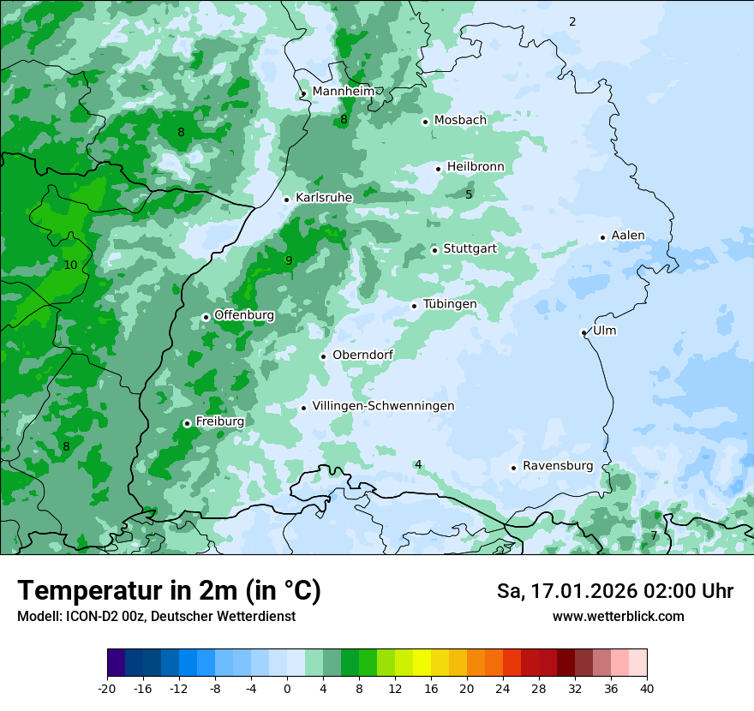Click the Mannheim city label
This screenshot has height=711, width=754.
tap(343, 92)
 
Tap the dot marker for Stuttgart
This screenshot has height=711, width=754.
tap(435, 250)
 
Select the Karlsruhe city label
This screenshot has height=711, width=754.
tap(324, 198)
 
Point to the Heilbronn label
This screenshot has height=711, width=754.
tap(476, 167)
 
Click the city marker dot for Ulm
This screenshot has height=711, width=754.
tap(584, 332)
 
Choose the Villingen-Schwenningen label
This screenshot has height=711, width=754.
tap(383, 406)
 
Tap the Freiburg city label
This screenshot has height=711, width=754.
tap(219, 421)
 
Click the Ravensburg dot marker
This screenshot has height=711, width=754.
tap(514, 468)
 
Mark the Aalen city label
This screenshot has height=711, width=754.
tap(628, 236)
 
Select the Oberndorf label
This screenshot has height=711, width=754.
tap(362, 355)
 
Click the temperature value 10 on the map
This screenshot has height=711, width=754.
tap(70, 266)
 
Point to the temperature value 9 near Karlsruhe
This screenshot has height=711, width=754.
tap(289, 260)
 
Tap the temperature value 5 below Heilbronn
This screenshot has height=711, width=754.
tap(469, 194)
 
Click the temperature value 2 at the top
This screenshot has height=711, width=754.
tap(572, 21)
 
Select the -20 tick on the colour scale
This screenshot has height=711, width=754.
tap(107, 688)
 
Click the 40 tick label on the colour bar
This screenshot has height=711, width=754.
tap(647, 688)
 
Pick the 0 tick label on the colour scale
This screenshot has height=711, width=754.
tap(287, 688)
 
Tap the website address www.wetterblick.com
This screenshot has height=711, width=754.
tap(618, 617)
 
